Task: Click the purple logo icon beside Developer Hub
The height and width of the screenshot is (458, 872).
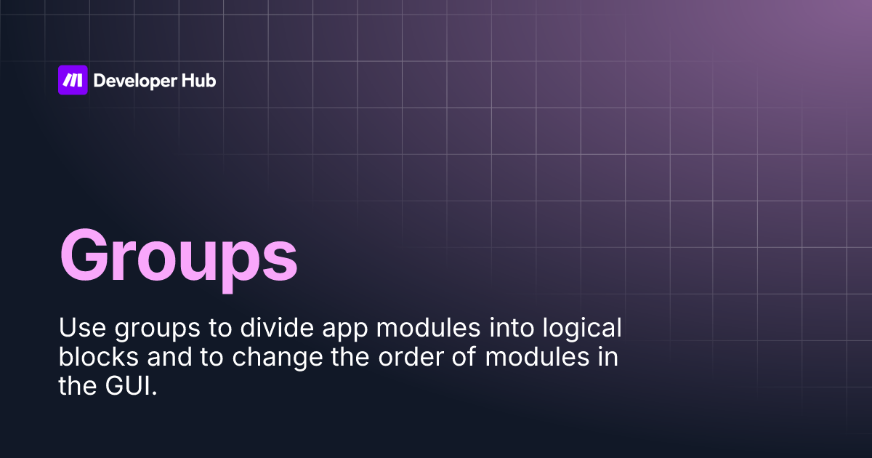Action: [x=73, y=80]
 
